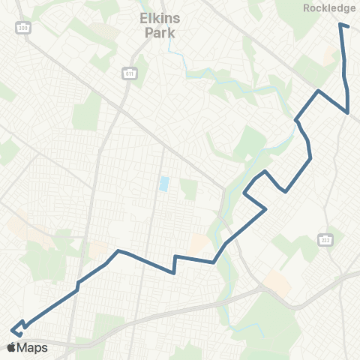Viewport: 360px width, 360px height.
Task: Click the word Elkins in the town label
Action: (157, 20)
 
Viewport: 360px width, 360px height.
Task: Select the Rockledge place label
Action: (330, 8)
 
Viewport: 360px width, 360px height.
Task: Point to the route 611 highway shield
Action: (128, 73)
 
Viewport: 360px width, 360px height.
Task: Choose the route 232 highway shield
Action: (325, 239)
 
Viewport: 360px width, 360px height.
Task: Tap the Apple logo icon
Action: (11, 347)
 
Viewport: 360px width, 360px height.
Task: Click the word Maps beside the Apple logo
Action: (34, 347)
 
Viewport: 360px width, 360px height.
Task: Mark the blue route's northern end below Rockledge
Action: (340, 25)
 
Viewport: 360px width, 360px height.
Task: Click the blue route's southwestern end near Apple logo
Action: (11, 329)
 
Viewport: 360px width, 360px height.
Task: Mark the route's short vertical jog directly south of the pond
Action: (174, 265)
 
